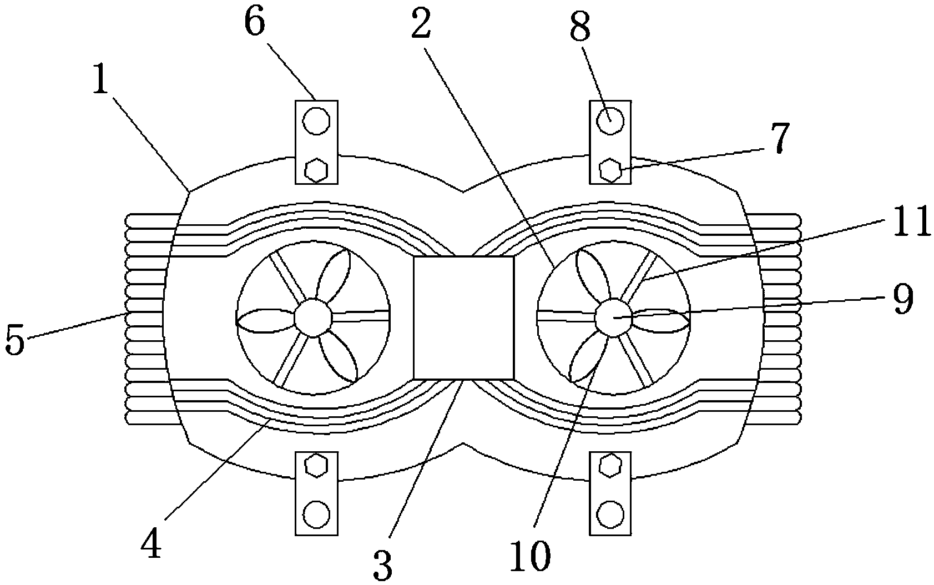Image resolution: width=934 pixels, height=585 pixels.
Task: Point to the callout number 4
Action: click(151, 543)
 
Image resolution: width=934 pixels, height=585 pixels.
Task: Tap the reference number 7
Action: click(780, 138)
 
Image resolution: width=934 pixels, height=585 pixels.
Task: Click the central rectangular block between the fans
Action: click(463, 317)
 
